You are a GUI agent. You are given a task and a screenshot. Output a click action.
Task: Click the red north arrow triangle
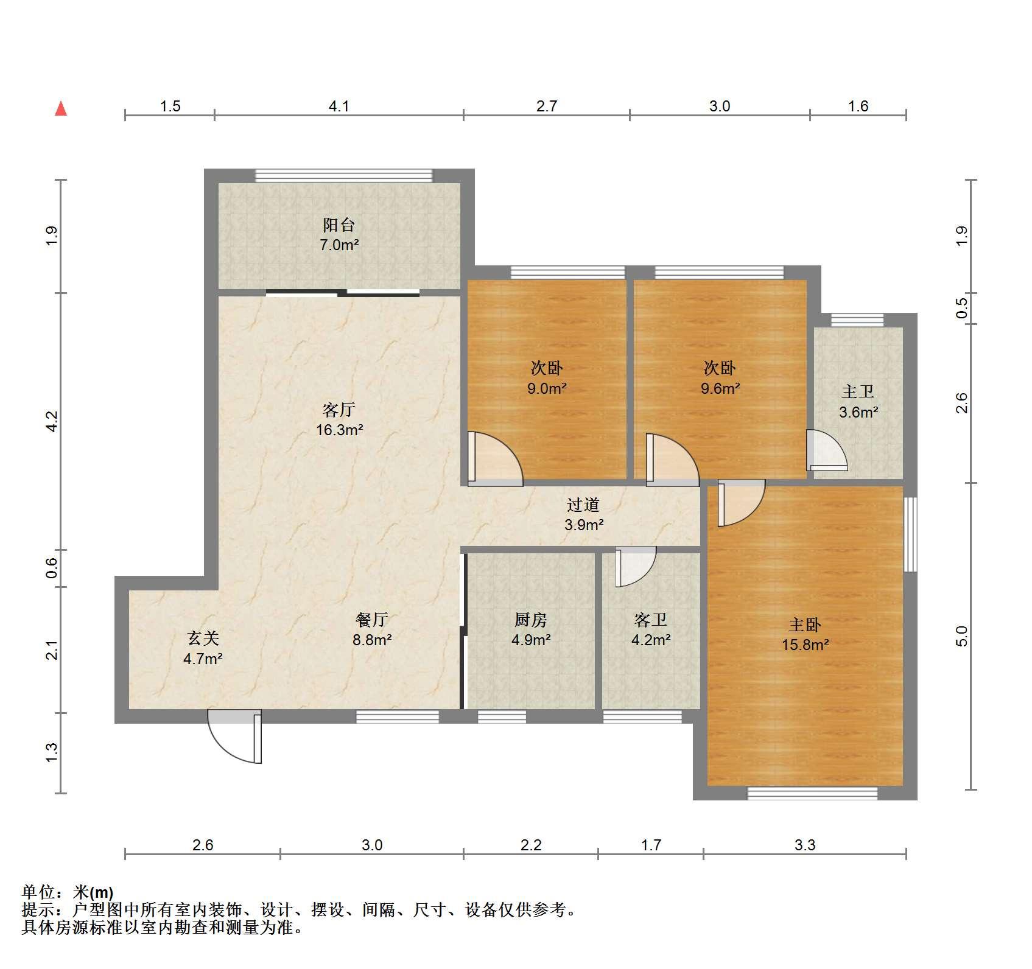point(61,108)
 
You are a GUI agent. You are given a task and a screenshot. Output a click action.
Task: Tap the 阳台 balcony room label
point(339,225)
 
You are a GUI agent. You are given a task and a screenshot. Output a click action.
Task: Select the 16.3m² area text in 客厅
point(339,430)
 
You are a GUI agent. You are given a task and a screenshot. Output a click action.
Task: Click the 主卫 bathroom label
point(858,391)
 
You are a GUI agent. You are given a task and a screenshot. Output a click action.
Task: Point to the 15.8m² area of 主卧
point(805,645)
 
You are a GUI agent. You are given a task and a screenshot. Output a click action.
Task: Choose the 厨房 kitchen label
point(531,620)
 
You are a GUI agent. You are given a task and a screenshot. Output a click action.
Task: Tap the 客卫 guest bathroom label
point(651,620)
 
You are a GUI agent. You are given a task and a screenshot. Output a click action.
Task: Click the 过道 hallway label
point(583,505)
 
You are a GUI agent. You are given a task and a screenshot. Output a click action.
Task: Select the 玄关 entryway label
point(203,638)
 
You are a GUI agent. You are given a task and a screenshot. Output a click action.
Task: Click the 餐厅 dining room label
point(371,620)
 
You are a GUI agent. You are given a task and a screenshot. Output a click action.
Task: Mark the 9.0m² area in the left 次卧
point(547,388)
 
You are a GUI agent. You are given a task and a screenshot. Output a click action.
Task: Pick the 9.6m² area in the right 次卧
point(720,388)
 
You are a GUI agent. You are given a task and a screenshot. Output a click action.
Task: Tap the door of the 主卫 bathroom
point(827,450)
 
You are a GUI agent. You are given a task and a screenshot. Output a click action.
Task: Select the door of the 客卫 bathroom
point(636,567)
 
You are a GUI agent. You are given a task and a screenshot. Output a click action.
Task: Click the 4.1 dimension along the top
point(339,107)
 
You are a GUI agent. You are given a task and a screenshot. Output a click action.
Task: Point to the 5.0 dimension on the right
point(961,636)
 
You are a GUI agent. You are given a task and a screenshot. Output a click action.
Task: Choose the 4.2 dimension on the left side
point(52,421)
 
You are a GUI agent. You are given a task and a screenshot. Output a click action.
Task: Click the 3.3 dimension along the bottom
point(805,845)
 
